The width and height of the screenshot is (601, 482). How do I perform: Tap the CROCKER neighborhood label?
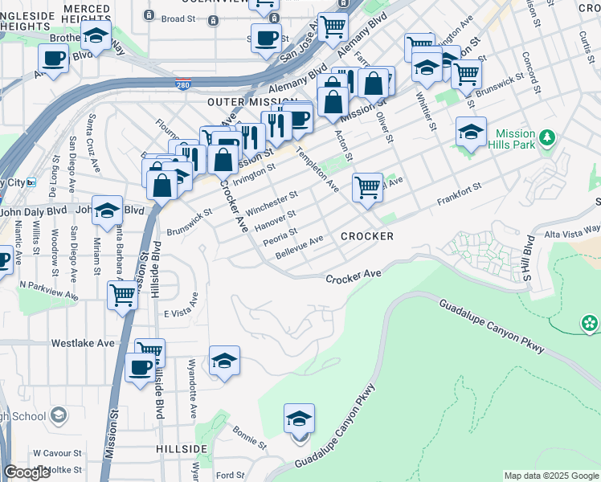coord(367,236)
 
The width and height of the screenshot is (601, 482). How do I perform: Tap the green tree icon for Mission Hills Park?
coord(547,137)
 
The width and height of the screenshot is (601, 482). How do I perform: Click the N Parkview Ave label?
coord(49,289)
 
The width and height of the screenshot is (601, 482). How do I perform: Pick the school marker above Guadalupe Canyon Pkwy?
coord(299,419)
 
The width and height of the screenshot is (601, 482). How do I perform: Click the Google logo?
coord(27,472)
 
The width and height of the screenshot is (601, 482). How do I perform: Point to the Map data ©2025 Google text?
coord(551,476)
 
